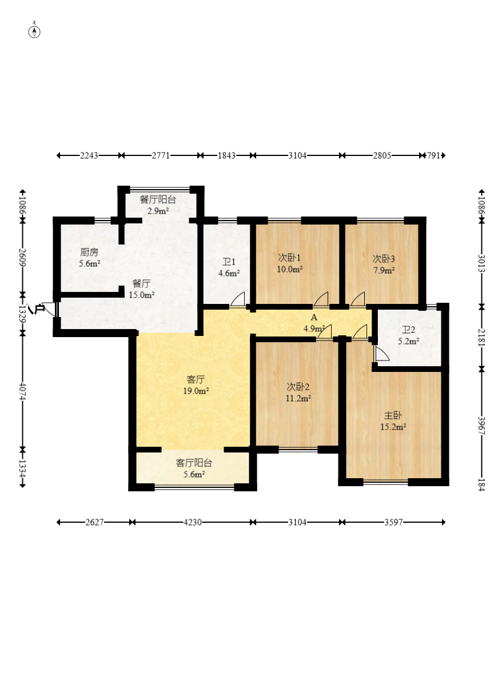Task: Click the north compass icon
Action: click(34, 31)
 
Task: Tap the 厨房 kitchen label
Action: click(89, 252)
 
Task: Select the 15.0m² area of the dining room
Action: click(142, 295)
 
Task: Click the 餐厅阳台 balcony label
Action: click(158, 199)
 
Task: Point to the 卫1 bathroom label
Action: click(229, 262)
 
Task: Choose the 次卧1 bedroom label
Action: click(289, 258)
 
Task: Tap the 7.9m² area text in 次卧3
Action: click(384, 270)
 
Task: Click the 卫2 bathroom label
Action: click(408, 330)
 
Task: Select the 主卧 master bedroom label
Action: click(393, 415)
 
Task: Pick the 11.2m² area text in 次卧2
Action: click(298, 398)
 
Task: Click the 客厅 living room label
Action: click(196, 379)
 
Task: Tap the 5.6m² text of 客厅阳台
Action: click(194, 475)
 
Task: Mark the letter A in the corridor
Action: click(314, 317)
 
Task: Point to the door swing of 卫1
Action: click(238, 299)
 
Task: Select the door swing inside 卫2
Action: click(382, 354)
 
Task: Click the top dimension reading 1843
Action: click(226, 155)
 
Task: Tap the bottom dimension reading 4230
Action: click(193, 522)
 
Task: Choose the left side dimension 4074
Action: click(23, 392)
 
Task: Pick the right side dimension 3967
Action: click(481, 426)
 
